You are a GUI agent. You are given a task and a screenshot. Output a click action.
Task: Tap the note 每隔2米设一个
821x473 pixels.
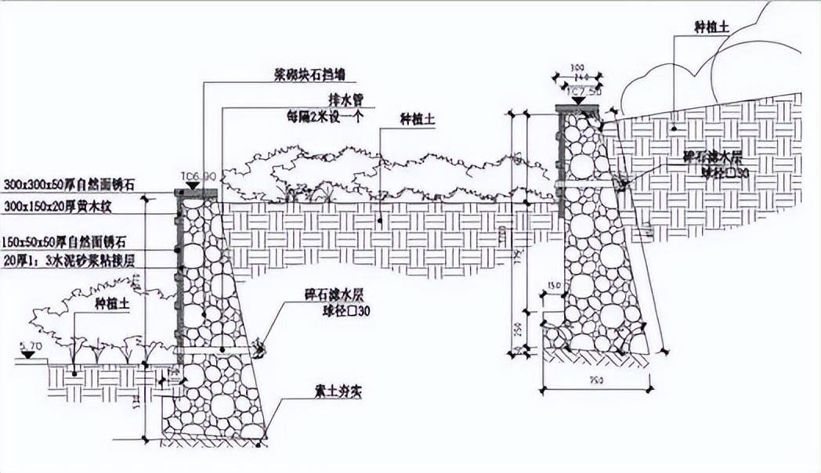pyautogui.click(x=329, y=115)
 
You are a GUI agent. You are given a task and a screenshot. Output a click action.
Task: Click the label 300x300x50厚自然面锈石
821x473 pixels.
pyautogui.click(x=70, y=185)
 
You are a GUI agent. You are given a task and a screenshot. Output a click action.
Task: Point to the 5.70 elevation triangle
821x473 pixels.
pyautogui.click(x=28, y=354)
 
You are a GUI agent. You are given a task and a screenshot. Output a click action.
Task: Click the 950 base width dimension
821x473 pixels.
pyautogui.click(x=597, y=381)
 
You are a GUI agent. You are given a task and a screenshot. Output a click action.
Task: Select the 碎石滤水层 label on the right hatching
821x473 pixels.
pyautogui.click(x=712, y=157)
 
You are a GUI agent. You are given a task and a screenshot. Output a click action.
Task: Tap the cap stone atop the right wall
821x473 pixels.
pyautogui.click(x=577, y=109)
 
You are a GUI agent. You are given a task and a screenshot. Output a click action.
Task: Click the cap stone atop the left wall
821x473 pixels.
pyautogui.click(x=195, y=193)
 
